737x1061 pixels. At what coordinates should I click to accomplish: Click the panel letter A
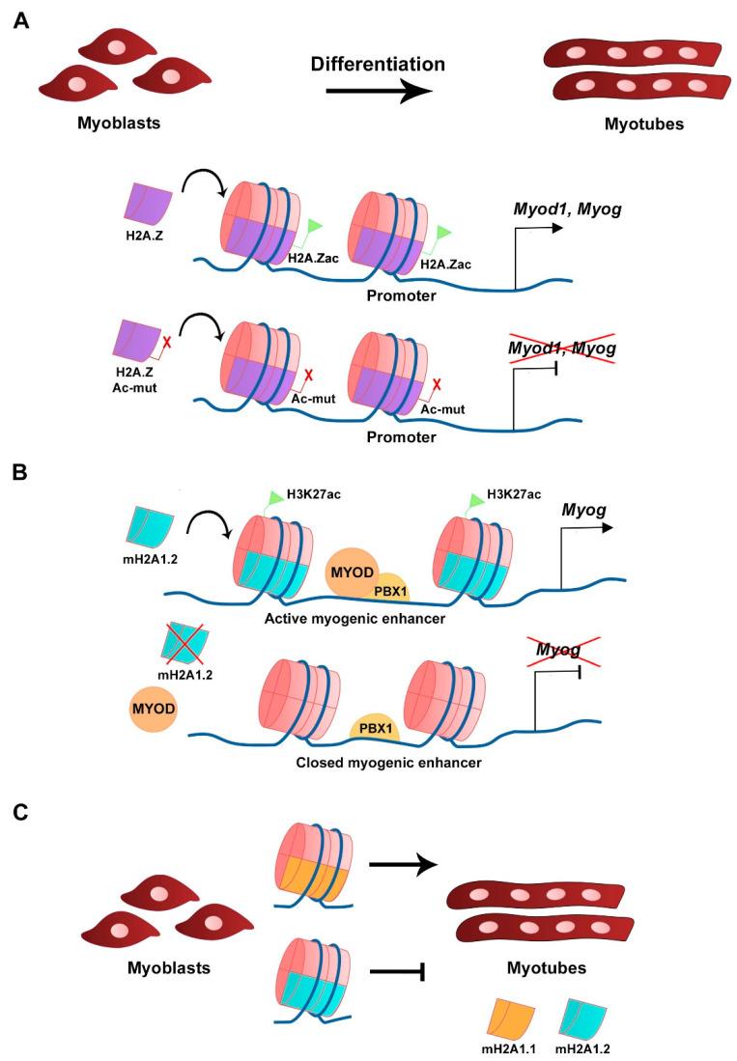(x=21, y=20)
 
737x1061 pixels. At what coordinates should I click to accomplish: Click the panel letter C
(x=21, y=816)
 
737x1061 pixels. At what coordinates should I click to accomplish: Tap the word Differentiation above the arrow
(x=378, y=65)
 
